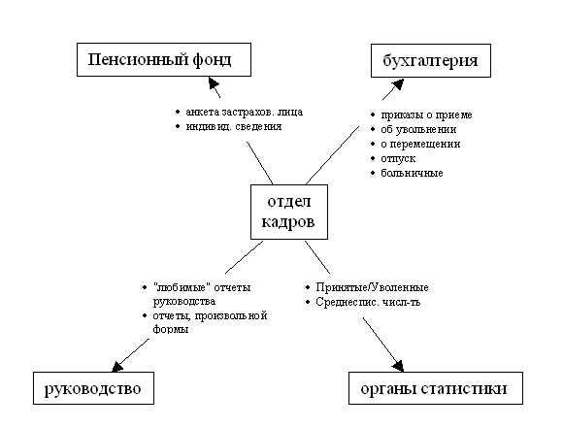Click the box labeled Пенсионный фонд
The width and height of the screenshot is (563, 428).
(x=164, y=59)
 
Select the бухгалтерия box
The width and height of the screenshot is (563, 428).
(x=431, y=61)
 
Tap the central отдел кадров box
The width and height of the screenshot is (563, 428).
(x=289, y=212)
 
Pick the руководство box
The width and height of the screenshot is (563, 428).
(x=93, y=388)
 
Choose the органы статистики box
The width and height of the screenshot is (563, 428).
(x=436, y=388)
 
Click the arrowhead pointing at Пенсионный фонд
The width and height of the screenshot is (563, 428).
(x=213, y=83)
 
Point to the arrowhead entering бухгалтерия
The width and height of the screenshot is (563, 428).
(x=398, y=84)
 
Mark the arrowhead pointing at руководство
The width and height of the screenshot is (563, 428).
(x=117, y=366)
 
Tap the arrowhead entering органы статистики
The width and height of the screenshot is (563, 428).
(x=398, y=366)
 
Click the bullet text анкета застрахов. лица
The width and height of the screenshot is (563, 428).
(x=245, y=112)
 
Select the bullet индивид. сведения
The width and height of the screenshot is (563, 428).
(x=233, y=126)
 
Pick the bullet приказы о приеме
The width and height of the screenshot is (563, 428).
(x=426, y=115)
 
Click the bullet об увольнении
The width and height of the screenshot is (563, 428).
(x=418, y=129)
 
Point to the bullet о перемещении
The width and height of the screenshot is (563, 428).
(x=420, y=144)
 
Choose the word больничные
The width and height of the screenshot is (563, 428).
(x=412, y=173)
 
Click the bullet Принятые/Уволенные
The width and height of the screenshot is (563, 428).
(x=372, y=287)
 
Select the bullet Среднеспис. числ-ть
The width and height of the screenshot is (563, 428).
(x=368, y=302)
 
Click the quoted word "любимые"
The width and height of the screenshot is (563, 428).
(x=182, y=287)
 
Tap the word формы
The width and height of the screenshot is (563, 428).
(x=171, y=329)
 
